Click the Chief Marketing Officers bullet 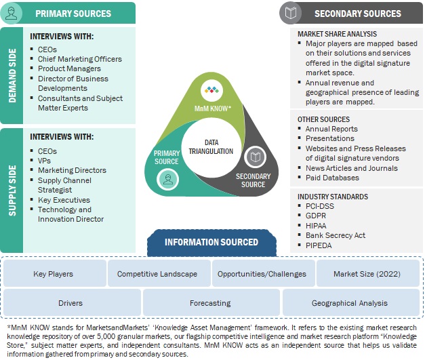(x=79, y=59)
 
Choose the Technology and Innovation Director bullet (x=70, y=214)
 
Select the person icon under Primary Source (x=167, y=178)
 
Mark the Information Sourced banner (x=211, y=242)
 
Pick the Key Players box (x=54, y=274)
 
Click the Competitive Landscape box (x=157, y=274)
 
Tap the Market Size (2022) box (x=367, y=274)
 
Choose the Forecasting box (x=210, y=303)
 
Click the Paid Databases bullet (x=332, y=178)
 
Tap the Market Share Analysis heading (x=338, y=33)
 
